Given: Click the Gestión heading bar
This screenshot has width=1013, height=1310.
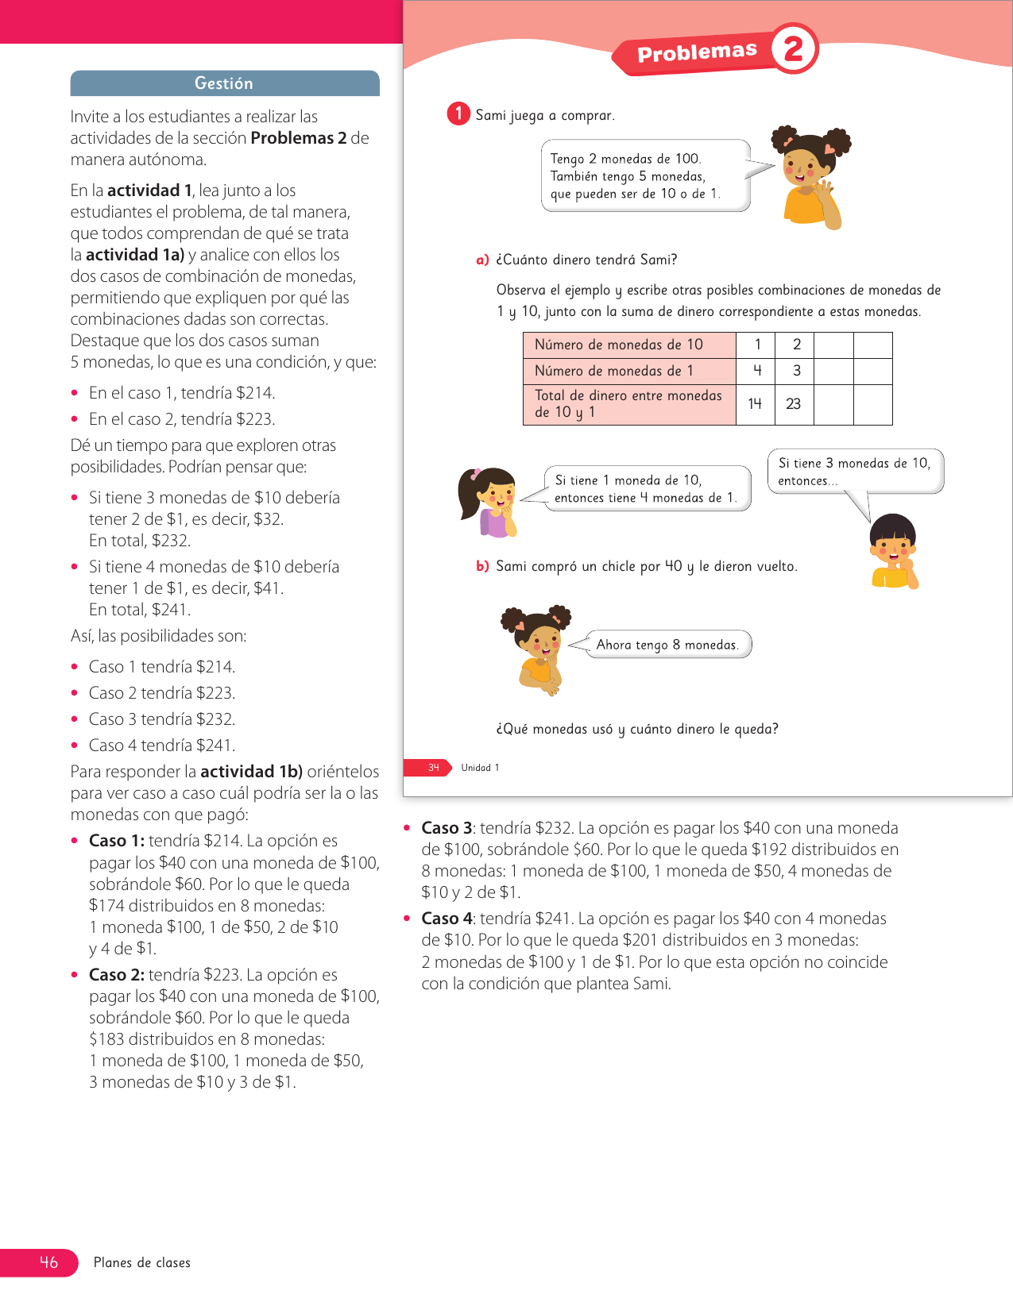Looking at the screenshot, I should tap(224, 83).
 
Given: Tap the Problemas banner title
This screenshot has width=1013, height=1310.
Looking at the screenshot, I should tap(697, 52).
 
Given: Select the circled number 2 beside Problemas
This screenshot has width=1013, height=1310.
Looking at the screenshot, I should tap(793, 48).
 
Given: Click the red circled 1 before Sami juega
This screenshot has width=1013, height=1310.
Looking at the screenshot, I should tap(458, 114).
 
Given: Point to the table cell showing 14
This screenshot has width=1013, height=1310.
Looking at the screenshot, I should tap(755, 404).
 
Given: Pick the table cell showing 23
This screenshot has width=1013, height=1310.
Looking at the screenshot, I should tap(794, 404).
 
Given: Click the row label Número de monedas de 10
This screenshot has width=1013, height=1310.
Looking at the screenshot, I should tap(618, 345).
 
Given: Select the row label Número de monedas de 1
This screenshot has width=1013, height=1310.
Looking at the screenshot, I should tap(613, 371).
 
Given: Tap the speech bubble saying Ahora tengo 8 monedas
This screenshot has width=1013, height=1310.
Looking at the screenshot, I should tap(667, 645).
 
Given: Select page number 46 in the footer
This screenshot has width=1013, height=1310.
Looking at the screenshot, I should tap(48, 1262).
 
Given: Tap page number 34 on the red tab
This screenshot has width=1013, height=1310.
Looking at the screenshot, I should tap(433, 768).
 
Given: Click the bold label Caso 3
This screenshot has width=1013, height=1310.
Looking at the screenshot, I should tap(447, 828).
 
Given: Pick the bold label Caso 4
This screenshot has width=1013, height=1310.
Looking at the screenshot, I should tap(447, 919).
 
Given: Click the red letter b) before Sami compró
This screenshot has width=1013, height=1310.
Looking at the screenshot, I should tap(482, 566).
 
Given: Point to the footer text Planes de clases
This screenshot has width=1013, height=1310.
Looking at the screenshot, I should tap(142, 1262).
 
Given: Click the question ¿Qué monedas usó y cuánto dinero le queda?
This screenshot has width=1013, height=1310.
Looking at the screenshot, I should tap(637, 729).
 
